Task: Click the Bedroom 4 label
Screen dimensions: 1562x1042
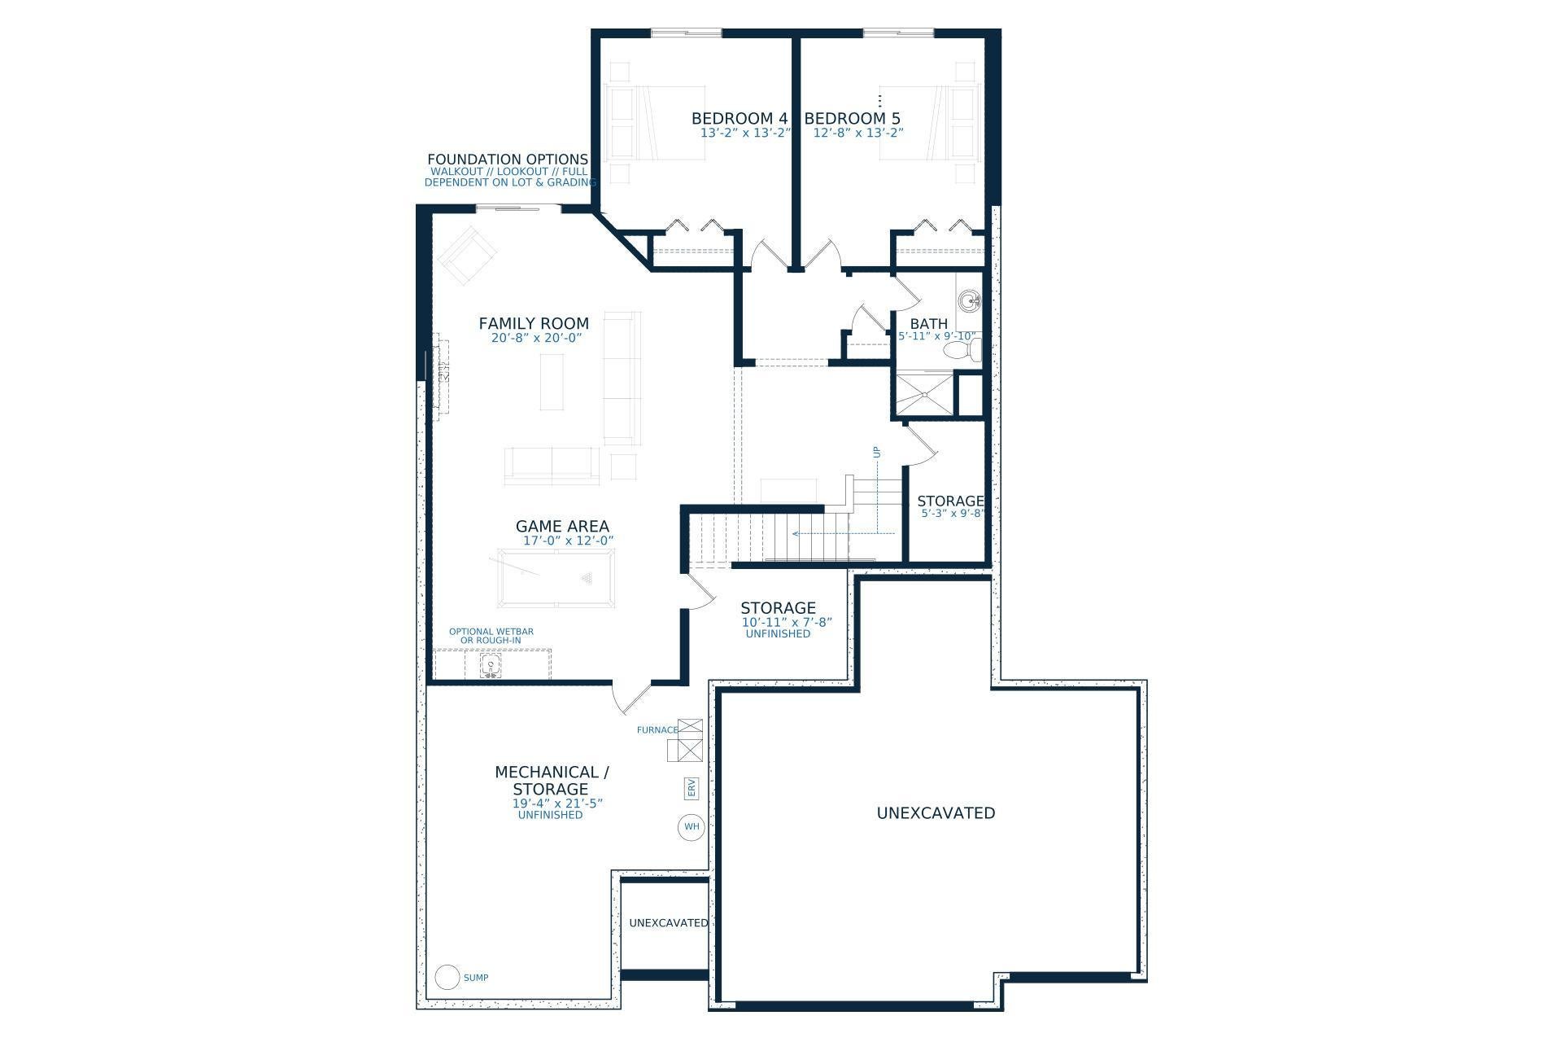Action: coord(740,119)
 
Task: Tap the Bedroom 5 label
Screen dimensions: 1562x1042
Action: coord(853,119)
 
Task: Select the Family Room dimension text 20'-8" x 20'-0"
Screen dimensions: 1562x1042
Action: coord(537,338)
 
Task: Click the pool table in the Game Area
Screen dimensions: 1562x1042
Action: coord(556,578)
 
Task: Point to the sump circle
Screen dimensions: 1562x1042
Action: coord(447,977)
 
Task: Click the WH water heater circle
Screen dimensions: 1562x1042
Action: coord(691,827)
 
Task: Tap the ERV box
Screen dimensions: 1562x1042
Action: coord(692,788)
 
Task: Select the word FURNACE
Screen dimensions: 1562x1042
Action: coord(657,730)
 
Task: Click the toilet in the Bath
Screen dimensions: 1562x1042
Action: coord(963,350)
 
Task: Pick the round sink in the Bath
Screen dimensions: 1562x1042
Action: coord(969,302)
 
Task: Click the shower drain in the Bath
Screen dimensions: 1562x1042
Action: coord(925,396)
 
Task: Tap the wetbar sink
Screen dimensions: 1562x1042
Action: coord(491,667)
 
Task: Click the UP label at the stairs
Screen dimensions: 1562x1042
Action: coord(876,453)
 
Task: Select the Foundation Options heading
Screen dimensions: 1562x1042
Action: coord(508,160)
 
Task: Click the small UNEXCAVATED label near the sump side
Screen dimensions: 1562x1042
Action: coord(669,923)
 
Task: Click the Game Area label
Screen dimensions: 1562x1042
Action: coord(562,527)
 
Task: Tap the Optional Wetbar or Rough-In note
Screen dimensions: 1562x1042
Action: coord(491,636)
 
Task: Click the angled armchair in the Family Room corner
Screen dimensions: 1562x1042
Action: coord(467,255)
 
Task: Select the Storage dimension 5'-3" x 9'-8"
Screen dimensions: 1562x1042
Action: coord(950,514)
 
